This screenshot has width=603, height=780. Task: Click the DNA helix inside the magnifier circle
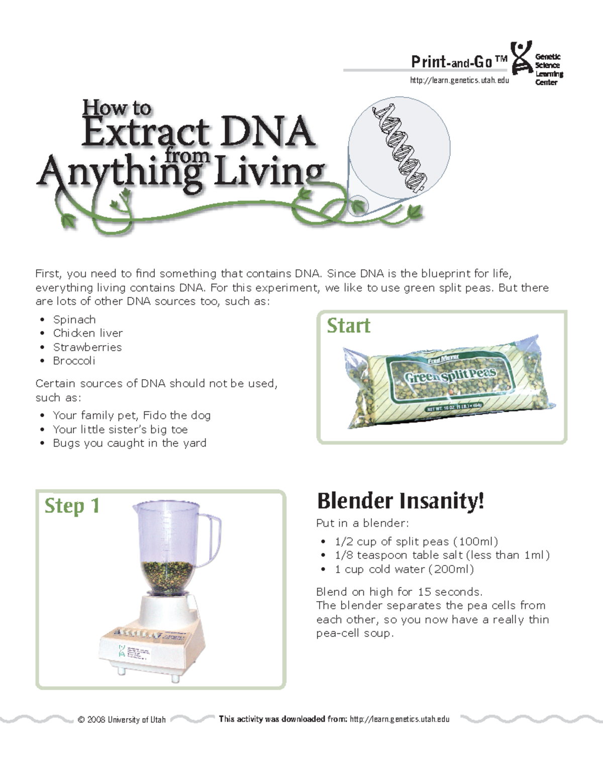pyautogui.click(x=399, y=149)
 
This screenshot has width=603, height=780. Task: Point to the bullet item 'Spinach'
pyautogui.click(x=74, y=319)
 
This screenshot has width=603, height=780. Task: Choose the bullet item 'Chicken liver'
pyautogui.click(x=88, y=333)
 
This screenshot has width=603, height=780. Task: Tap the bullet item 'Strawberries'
pyautogui.click(x=87, y=347)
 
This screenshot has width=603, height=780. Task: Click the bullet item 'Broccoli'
pyautogui.click(x=74, y=361)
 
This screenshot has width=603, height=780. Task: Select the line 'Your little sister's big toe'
pyautogui.click(x=120, y=429)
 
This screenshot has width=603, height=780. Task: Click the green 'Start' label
pyautogui.click(x=348, y=326)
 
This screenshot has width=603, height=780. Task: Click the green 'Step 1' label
pyautogui.click(x=72, y=506)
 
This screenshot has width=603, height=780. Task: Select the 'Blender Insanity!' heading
pyautogui.click(x=400, y=501)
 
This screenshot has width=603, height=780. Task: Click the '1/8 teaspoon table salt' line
pyautogui.click(x=442, y=555)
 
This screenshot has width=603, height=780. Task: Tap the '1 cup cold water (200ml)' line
pyautogui.click(x=404, y=569)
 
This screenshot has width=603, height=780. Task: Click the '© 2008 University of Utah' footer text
pyautogui.click(x=122, y=719)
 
